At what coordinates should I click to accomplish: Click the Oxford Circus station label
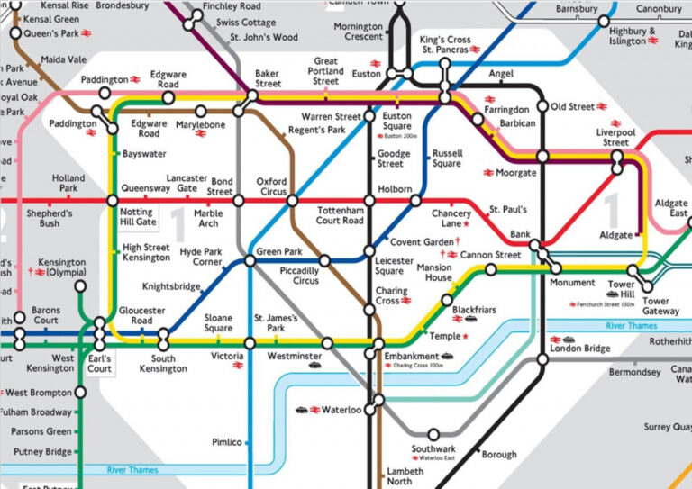point(271,186)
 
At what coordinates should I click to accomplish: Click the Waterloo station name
point(341,410)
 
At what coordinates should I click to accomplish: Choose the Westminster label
point(294,357)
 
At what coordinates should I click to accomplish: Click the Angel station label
point(500,73)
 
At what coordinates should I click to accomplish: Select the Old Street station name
point(572,106)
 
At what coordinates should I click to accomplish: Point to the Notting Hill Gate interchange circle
point(112,200)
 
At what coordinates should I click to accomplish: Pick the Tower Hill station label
point(621,290)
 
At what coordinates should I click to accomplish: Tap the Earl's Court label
point(100,363)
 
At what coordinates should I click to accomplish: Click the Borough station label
point(499,455)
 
